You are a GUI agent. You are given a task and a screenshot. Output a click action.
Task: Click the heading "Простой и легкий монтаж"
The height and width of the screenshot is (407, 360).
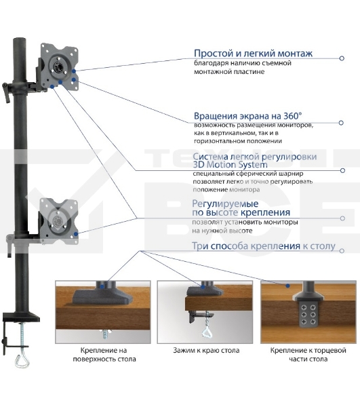[x=253, y=53]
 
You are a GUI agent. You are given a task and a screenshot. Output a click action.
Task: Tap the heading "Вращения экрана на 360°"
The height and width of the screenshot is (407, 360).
[x=248, y=116]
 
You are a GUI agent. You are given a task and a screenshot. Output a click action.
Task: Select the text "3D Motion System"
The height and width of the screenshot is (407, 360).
[x=230, y=165]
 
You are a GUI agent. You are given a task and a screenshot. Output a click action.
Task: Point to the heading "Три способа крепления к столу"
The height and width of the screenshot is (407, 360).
[x=264, y=246]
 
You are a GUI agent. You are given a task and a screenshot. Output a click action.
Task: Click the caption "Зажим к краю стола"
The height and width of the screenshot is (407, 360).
[x=206, y=351]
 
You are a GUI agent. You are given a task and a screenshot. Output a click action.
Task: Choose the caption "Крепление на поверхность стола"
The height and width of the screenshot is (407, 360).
[x=104, y=355]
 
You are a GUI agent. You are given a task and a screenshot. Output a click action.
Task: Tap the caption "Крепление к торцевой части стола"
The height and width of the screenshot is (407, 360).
[x=308, y=355]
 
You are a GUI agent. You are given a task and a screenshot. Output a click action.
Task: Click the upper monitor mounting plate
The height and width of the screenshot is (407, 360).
[x=60, y=67]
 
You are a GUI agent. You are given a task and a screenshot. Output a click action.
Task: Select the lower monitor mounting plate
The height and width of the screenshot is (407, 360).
[x=58, y=221]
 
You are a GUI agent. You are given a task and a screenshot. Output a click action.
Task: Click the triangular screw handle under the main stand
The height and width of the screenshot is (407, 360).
[x=22, y=361]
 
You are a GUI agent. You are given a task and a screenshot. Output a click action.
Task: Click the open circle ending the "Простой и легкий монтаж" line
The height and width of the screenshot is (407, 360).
[x=342, y=58]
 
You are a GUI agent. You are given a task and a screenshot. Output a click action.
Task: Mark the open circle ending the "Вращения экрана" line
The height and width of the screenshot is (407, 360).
[x=341, y=123]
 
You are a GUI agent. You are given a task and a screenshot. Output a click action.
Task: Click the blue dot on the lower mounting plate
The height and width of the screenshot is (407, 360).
[x=76, y=234]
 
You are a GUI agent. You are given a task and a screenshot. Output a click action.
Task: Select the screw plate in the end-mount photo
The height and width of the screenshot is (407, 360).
[x=308, y=314]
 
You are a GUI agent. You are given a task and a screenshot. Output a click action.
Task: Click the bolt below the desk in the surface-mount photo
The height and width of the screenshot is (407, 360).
[x=106, y=334]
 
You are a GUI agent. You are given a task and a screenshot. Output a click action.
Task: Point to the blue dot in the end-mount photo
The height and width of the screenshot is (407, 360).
[x=287, y=286]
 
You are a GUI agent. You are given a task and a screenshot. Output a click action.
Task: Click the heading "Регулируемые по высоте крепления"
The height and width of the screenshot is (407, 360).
[x=241, y=208]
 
